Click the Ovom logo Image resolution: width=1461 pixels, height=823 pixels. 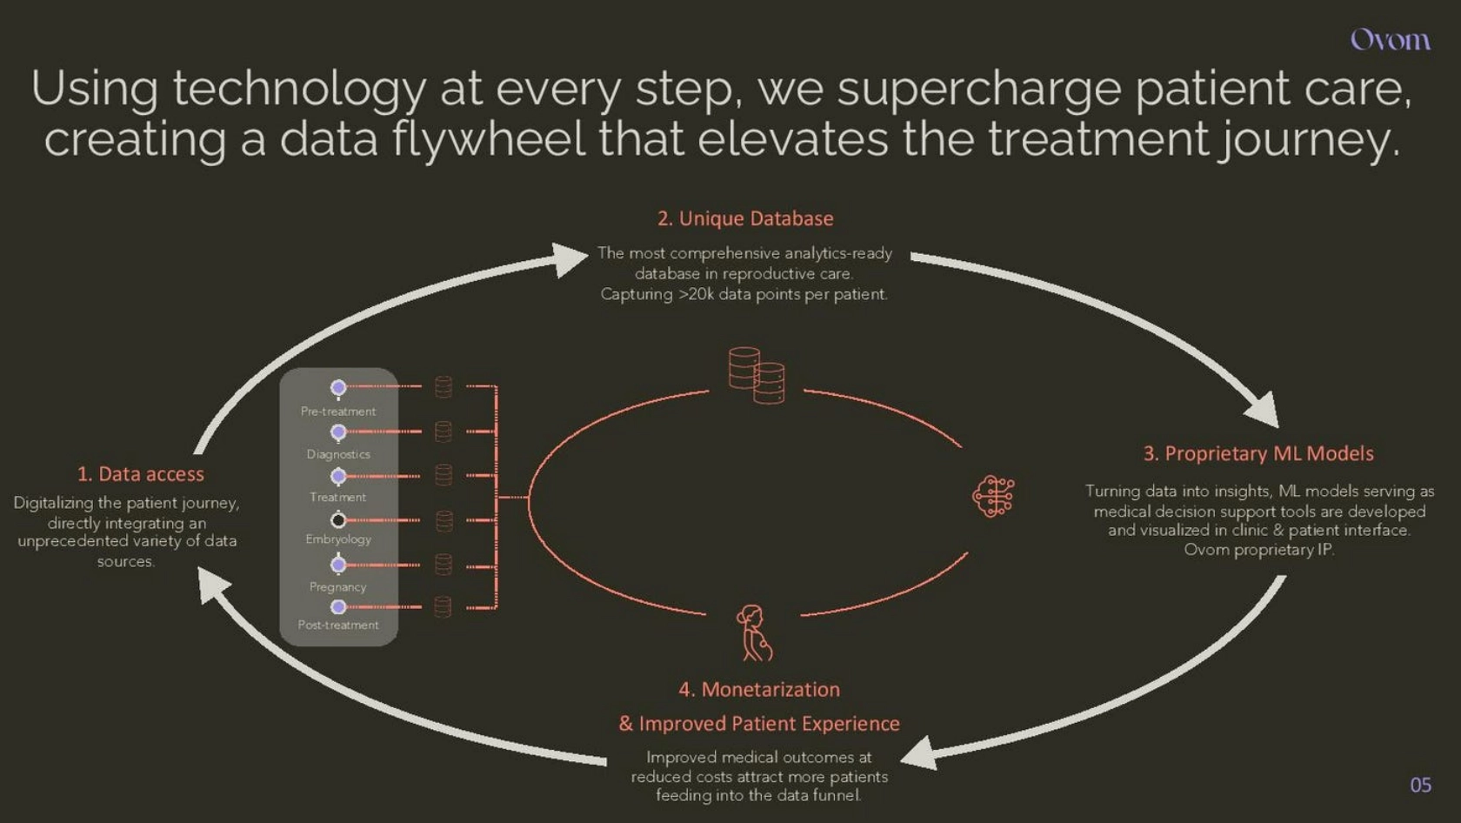pos(1390,40)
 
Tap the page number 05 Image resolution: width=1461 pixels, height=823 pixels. pos(1421,785)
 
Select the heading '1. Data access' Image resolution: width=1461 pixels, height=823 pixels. pos(140,474)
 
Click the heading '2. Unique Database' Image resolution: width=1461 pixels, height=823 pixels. pos(744,218)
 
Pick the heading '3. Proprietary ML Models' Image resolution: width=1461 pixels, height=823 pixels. pos(1258,453)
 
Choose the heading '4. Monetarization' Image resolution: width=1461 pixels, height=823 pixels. pos(759,689)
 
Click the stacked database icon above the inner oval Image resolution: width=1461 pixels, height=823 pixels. pos(757,375)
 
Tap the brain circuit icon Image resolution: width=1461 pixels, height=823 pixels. pos(993,496)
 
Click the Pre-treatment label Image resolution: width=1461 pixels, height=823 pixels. pos(337,411)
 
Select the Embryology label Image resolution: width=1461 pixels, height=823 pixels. pos(337,539)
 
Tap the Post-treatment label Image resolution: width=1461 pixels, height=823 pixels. pos(337,625)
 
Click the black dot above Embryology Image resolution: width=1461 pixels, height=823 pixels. pos(337,520)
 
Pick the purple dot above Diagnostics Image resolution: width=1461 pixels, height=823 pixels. pos(337,432)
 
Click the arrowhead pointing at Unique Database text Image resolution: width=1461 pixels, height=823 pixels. pos(569,259)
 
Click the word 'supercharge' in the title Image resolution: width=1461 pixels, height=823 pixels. pos(979,89)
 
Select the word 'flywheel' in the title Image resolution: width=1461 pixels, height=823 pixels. pos(489,140)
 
